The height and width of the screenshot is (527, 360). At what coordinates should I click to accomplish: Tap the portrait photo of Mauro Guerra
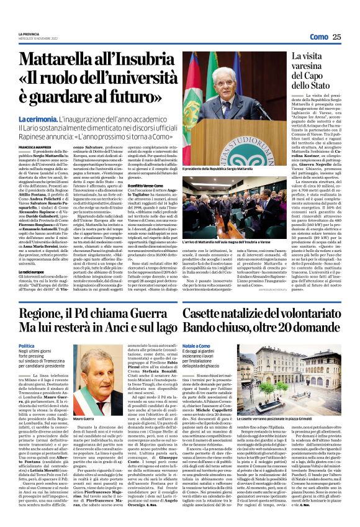(x=91, y=372)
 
